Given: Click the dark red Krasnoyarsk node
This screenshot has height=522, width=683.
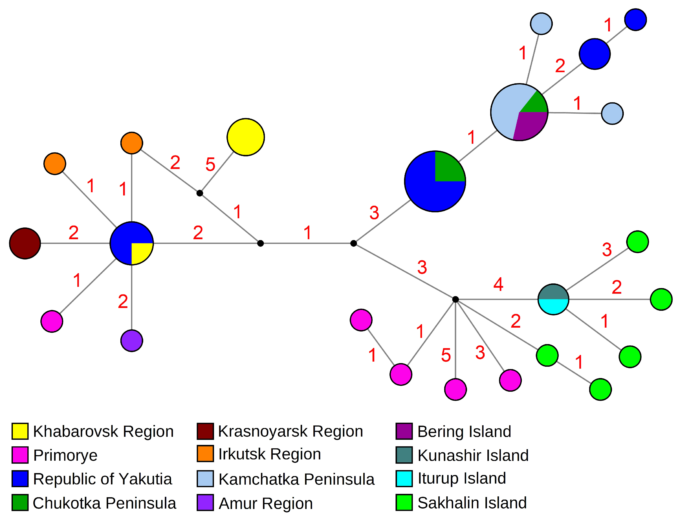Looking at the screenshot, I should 25,243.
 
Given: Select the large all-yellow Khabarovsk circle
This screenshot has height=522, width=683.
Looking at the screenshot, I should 245,137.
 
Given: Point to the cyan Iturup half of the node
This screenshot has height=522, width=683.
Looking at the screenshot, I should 553,306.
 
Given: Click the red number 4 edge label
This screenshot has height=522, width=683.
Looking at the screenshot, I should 498,284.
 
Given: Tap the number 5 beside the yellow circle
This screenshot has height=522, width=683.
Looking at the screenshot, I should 210,164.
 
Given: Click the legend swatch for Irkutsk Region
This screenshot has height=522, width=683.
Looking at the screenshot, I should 205,454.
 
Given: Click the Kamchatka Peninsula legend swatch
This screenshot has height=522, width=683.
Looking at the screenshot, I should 205,478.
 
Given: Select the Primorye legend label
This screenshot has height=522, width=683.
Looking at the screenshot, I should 65,455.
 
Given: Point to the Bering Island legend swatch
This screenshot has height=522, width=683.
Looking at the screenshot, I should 404,431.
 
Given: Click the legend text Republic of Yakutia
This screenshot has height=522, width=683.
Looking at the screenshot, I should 102,479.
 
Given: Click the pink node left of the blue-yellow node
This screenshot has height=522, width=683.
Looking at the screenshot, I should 52,321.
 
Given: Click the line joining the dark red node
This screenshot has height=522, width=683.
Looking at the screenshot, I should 75,243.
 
